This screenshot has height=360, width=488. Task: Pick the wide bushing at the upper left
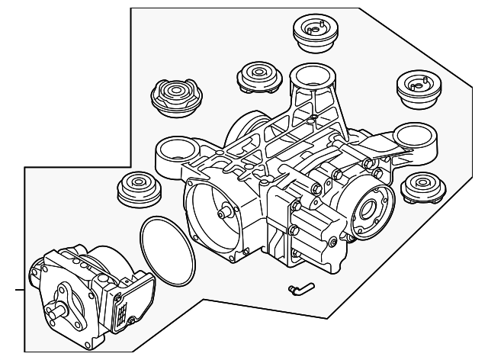(177, 96)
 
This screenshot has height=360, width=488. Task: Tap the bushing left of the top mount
(258, 76)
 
